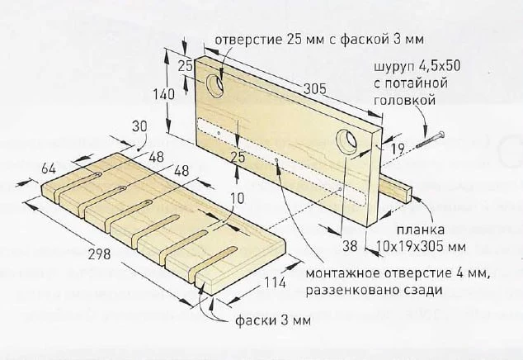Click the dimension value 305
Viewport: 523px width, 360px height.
pos(314,89)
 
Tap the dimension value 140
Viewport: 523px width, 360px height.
pos(164,94)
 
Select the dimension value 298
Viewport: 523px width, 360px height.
pos(99,254)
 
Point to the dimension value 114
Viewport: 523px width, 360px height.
pos(276,283)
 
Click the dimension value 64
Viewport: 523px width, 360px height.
pos(49,169)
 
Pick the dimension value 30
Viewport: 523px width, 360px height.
pos(139,126)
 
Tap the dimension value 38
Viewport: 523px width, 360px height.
pos(350,246)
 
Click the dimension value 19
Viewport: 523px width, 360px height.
pos(398,149)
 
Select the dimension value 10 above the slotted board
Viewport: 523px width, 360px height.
pos(237,198)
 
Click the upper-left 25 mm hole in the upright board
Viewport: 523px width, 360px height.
pos(214,86)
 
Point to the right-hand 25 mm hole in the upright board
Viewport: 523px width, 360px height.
pos(346,142)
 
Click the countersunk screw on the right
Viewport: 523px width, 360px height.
pos(431,140)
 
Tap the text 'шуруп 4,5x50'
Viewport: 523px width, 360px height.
pos(417,66)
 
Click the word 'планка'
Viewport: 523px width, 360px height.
pos(421,230)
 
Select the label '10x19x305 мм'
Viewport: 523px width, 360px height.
pos(421,246)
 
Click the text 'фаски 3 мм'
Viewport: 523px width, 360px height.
pos(273,320)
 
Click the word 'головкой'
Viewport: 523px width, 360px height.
pos(404,100)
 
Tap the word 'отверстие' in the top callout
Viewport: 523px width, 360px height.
pos(248,40)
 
